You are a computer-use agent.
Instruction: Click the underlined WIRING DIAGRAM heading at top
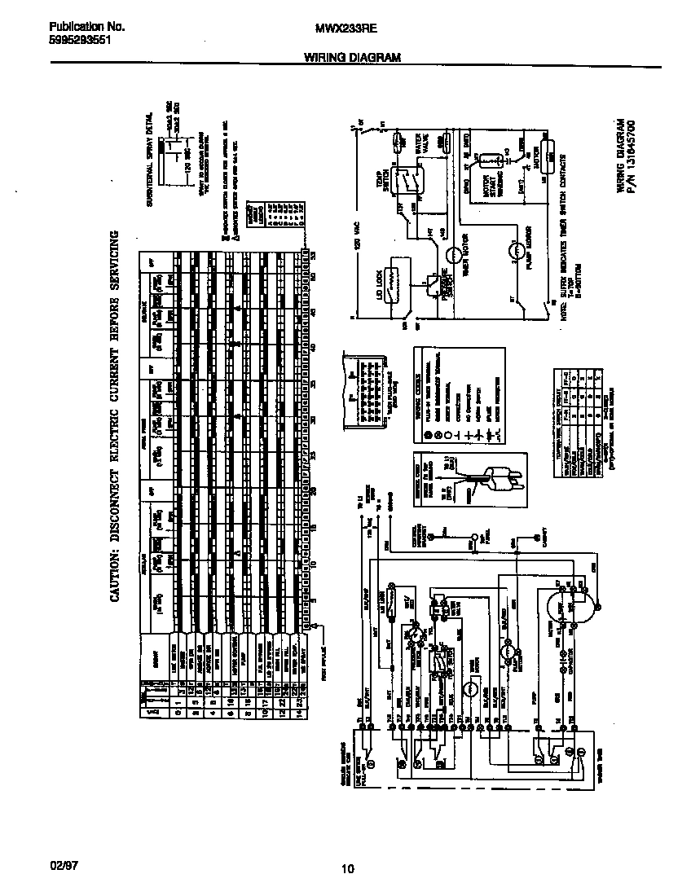point(352,58)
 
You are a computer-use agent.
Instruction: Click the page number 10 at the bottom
point(348,868)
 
